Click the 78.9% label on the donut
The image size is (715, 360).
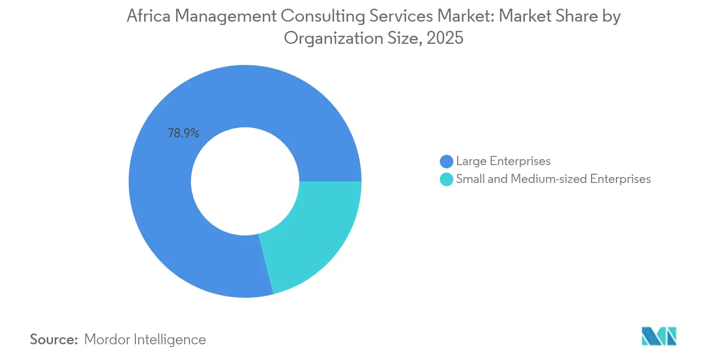point(183,133)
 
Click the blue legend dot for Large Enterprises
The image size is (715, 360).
point(446,161)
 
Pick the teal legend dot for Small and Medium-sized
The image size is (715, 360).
point(446,179)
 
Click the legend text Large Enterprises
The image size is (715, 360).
point(503,161)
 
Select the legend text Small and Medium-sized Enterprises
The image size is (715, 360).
point(553,179)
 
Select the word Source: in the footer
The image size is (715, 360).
point(54,339)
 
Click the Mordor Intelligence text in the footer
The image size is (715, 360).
point(145,339)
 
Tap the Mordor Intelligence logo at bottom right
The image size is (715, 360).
point(659,336)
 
